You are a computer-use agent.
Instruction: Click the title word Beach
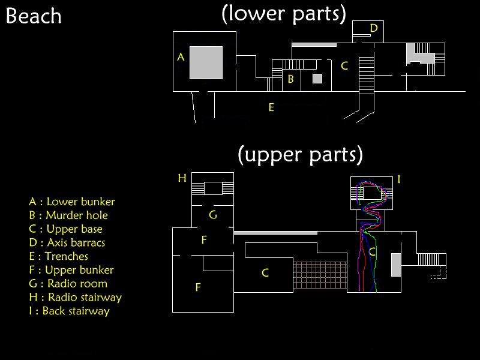coord(34,16)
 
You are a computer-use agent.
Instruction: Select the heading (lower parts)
coord(284,13)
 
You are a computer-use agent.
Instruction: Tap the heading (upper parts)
coord(300,155)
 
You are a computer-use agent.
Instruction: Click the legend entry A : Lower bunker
coord(71,202)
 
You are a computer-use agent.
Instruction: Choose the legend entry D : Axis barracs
coord(67,243)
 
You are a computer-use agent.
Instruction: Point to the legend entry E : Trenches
coord(58,257)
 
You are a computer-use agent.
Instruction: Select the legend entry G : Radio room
coord(68,284)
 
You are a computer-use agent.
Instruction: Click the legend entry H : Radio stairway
coord(75,298)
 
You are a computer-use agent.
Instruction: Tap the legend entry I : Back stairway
coord(69,311)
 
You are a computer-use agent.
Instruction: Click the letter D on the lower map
coord(373,28)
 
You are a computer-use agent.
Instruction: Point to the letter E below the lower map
coord(271,108)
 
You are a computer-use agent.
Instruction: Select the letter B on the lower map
coord(290,79)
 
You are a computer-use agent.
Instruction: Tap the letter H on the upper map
coord(182,178)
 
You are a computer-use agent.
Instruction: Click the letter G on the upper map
coord(212,214)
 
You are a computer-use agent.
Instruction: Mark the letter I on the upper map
coord(398,179)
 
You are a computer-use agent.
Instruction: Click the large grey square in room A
coord(206,62)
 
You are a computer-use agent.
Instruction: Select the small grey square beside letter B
coord(317,79)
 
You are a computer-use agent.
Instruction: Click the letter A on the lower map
coord(181,57)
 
